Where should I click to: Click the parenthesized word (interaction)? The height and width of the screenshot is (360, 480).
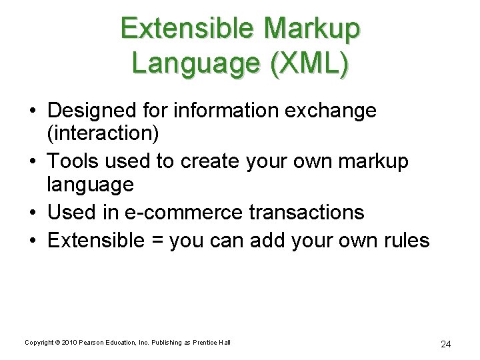coord(103,133)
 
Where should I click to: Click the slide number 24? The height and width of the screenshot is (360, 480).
coord(446,344)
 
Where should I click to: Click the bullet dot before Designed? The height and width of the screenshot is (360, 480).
coord(31,111)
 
